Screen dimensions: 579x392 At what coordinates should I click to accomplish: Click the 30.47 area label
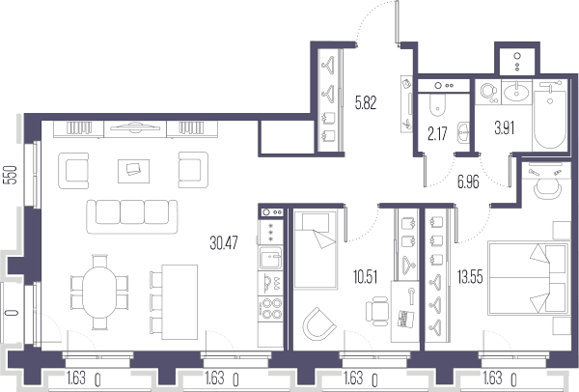coord(224,243)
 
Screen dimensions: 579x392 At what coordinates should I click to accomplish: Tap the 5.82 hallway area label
coord(366,102)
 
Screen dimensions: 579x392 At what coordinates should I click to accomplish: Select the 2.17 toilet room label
coord(437,134)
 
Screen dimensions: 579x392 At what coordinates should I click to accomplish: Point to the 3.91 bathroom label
coord(505,127)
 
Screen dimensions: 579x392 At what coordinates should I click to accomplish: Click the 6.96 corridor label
coord(468,182)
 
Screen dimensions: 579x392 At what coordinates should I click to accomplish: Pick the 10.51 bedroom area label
coord(365,277)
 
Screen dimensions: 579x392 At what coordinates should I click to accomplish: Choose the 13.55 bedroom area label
coord(470,276)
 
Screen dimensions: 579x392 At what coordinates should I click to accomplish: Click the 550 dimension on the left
coord(12,175)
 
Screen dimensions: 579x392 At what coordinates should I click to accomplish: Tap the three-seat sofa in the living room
coord(132,216)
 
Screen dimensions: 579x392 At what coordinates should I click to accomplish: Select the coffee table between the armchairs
coord(134,171)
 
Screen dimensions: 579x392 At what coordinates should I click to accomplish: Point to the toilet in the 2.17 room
coord(438,104)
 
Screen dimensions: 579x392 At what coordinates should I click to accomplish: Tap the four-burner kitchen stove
coord(270,309)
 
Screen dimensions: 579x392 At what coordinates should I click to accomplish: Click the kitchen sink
coord(270,258)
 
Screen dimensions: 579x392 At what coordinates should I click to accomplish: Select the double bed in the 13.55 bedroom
coord(529,278)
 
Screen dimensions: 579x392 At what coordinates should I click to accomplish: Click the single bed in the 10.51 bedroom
coord(316,250)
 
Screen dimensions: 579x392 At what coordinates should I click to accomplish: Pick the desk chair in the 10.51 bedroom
coord(377,311)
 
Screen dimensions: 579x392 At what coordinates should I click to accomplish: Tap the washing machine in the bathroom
coord(488,92)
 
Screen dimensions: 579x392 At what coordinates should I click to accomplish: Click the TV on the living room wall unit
coord(135,127)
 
